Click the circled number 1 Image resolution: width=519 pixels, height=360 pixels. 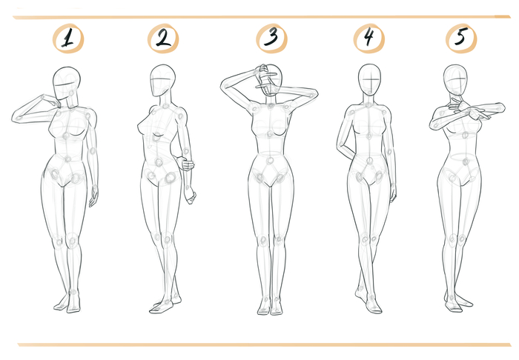click(68, 39)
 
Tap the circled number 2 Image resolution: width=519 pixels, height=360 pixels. click(163, 39)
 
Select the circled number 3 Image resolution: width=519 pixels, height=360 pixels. click(272, 38)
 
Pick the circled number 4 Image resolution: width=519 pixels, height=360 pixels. click(369, 38)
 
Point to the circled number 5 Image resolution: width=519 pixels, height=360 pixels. click(461, 38)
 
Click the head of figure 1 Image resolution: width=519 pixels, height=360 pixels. click(66, 83)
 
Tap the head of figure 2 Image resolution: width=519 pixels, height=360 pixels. click(162, 80)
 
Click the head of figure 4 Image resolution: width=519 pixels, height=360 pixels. click(369, 80)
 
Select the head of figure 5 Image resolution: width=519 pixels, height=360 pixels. click(455, 80)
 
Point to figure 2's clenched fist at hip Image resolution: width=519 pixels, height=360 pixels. click(185, 164)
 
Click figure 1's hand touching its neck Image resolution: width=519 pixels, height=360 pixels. click(52, 101)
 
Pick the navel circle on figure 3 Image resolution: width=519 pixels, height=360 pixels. click(270, 161)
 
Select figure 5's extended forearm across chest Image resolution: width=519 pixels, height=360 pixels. click(486, 109)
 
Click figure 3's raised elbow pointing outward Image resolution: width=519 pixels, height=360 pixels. click(225, 86)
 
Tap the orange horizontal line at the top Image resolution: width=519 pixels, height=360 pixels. click(262, 17)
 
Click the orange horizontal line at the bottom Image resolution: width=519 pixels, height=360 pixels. click(264, 344)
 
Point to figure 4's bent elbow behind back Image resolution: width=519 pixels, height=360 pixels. click(340, 145)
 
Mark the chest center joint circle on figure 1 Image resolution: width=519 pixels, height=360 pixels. click(66, 136)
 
